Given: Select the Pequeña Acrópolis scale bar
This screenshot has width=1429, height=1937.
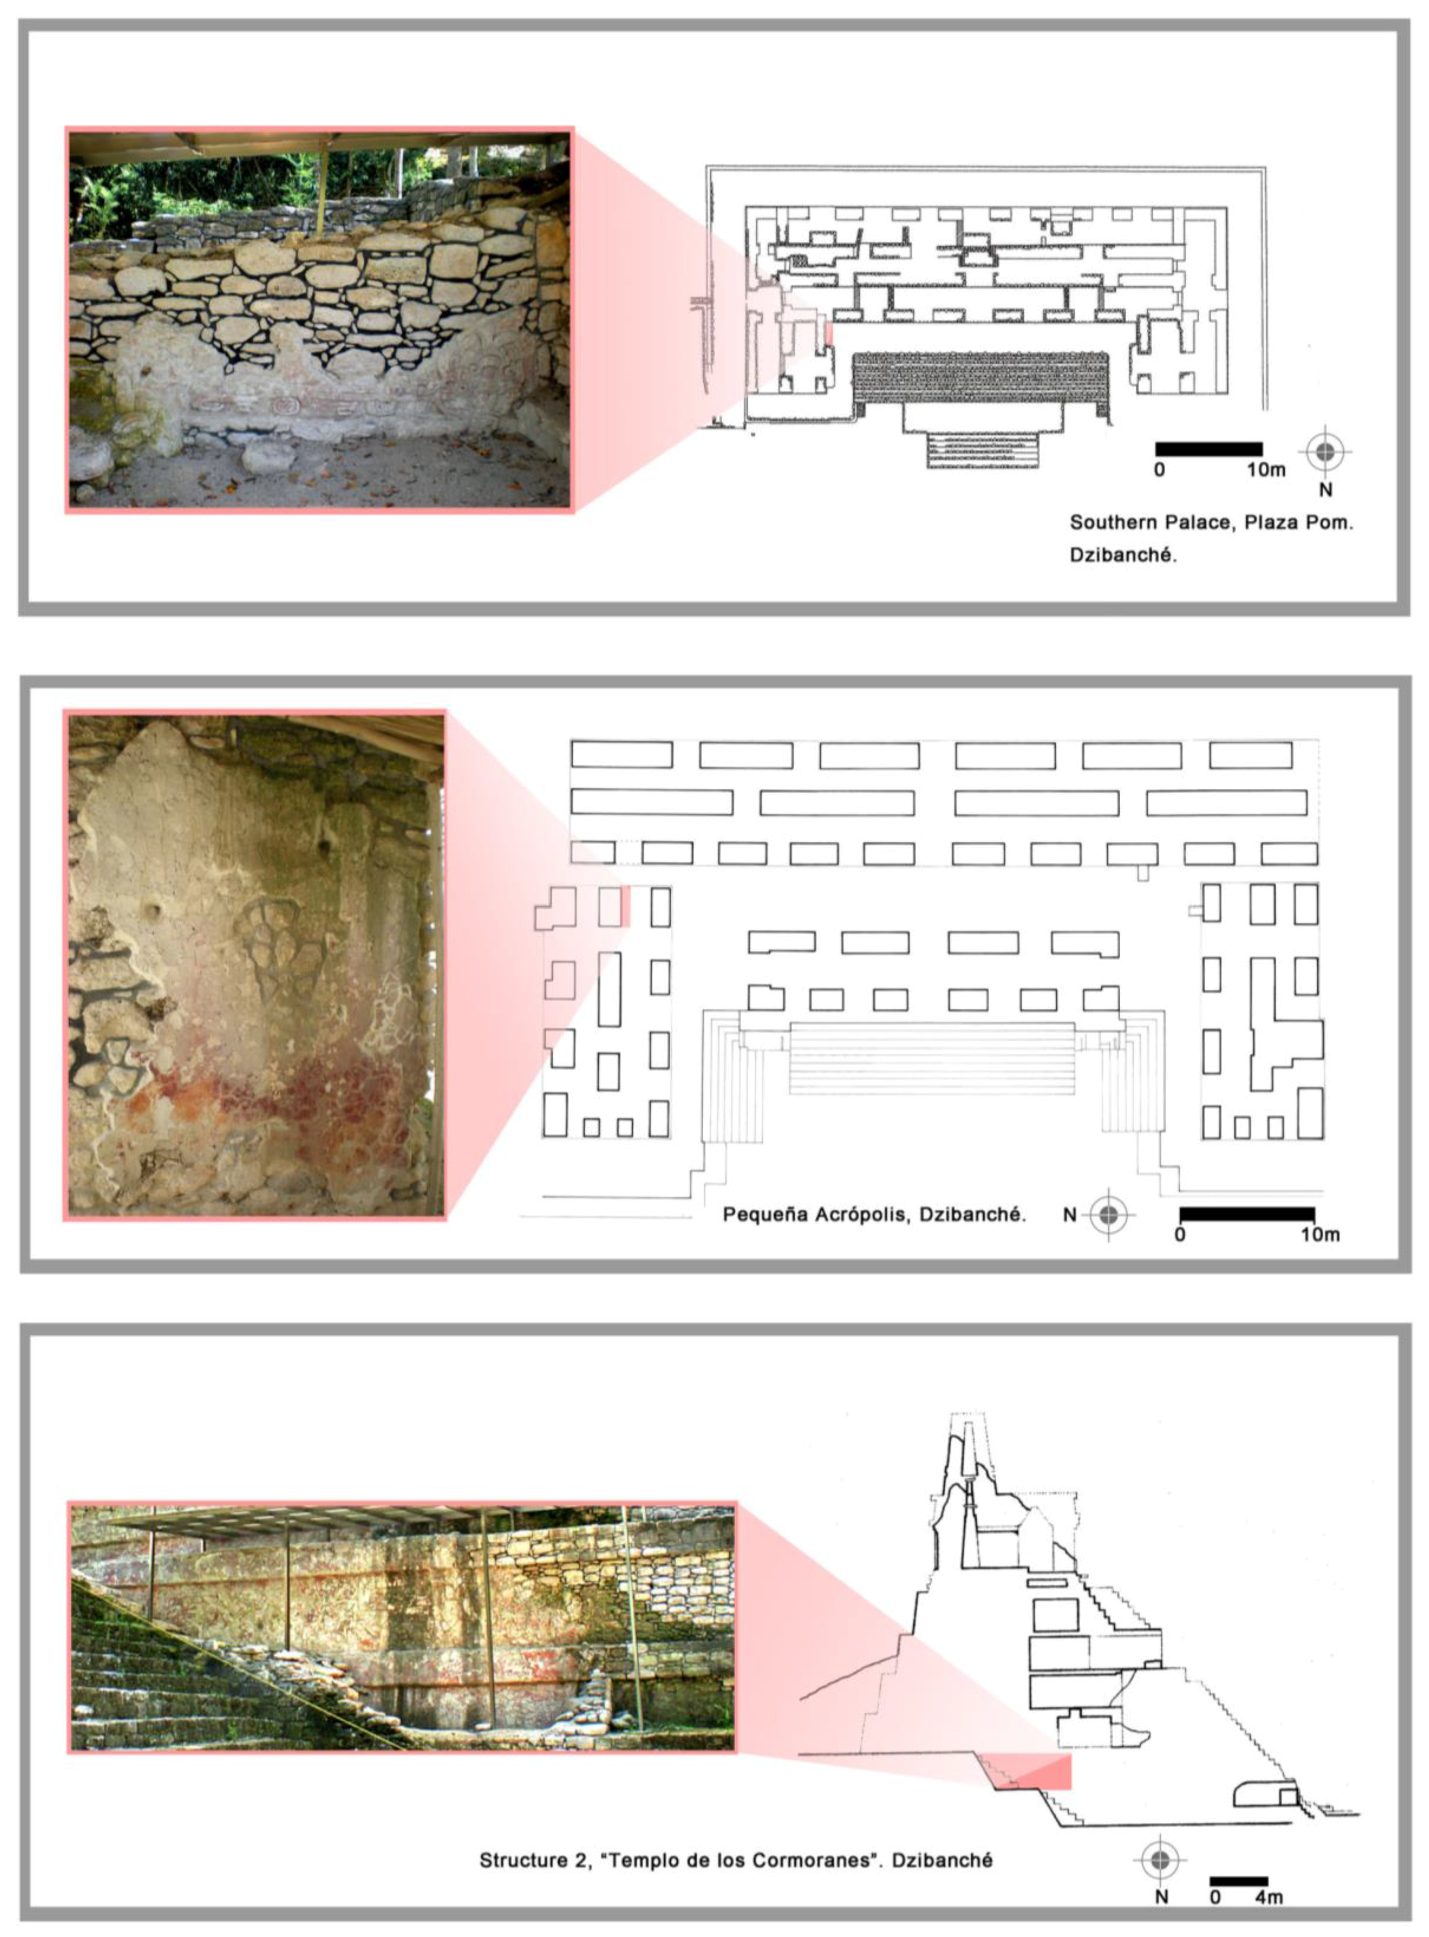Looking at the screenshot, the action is click(1248, 1215).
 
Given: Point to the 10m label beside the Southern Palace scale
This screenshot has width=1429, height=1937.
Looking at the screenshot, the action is click(1265, 470).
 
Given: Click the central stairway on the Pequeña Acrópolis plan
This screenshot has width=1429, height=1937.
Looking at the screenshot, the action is click(932, 1058).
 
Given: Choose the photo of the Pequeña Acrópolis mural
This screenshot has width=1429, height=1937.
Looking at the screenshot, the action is click(255, 965).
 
